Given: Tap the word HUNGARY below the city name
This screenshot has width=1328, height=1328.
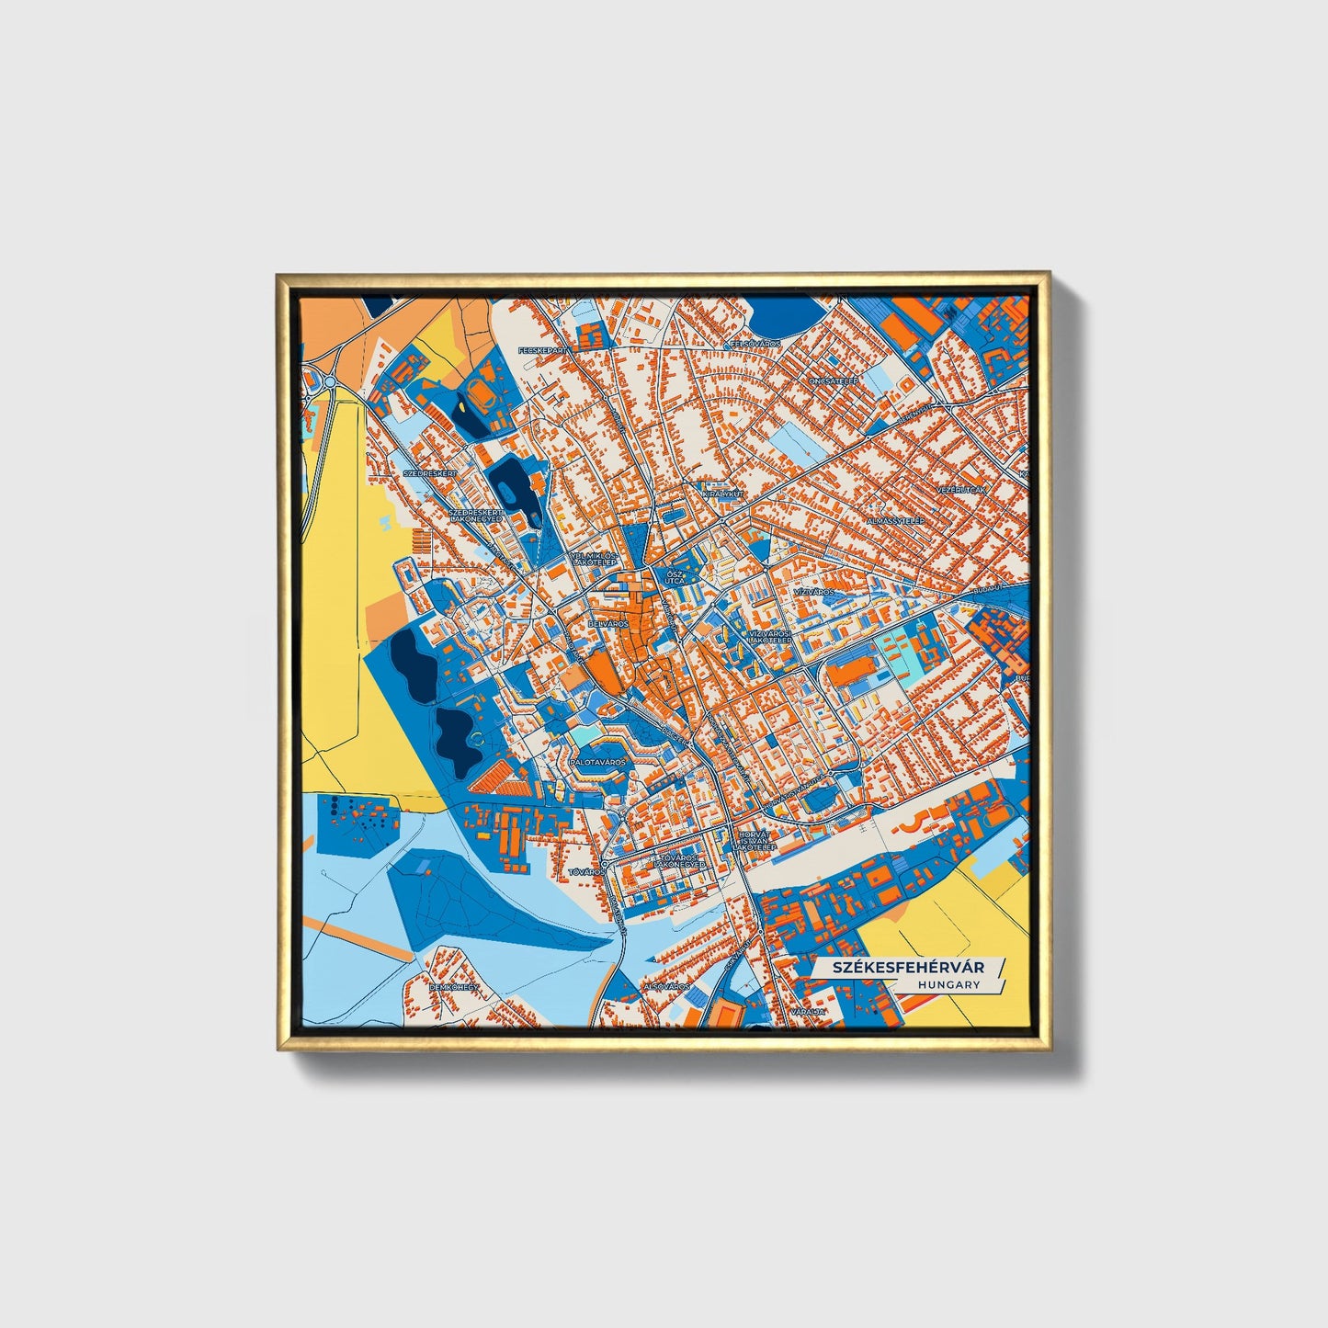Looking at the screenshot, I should pyautogui.click(x=948, y=985).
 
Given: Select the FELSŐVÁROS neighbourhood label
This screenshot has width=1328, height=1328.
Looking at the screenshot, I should pyautogui.click(x=755, y=344).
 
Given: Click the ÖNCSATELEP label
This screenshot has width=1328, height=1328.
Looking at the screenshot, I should pyautogui.click(x=833, y=380).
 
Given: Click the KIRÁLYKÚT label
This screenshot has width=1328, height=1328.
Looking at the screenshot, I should pyautogui.click(x=721, y=494).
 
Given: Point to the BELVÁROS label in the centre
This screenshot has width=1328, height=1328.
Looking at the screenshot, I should pyautogui.click(x=608, y=623).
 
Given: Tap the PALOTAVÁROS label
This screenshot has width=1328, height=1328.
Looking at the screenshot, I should pyautogui.click(x=596, y=762).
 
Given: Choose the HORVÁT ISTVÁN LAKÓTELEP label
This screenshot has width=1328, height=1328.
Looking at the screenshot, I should pyautogui.click(x=756, y=841).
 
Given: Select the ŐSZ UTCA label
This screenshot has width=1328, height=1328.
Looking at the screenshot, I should pyautogui.click(x=675, y=576).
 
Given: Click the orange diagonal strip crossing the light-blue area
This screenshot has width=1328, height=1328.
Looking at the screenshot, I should pyautogui.click(x=358, y=936).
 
